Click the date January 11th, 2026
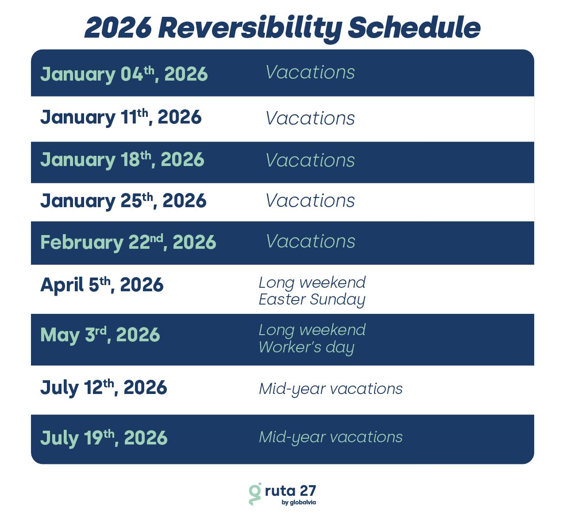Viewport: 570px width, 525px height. (121, 117)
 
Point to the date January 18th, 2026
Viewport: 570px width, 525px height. (122, 160)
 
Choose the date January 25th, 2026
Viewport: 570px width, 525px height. (123, 201)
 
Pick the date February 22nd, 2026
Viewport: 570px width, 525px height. (128, 243)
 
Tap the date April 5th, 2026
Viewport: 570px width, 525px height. (102, 285)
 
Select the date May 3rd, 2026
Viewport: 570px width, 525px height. (100, 335)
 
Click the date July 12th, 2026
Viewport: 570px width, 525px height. (104, 388)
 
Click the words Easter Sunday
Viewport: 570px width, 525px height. (312, 300)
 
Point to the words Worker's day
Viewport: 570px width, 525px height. (307, 347)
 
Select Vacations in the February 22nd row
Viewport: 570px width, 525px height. (311, 242)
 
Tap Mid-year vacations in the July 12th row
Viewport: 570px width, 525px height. (331, 389)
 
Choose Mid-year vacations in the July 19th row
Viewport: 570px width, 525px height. (331, 437)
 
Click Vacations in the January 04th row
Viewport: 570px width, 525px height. (310, 72)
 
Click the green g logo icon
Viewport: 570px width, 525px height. (255, 494)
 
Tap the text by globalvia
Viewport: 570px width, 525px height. (299, 502)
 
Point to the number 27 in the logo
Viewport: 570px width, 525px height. (308, 491)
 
